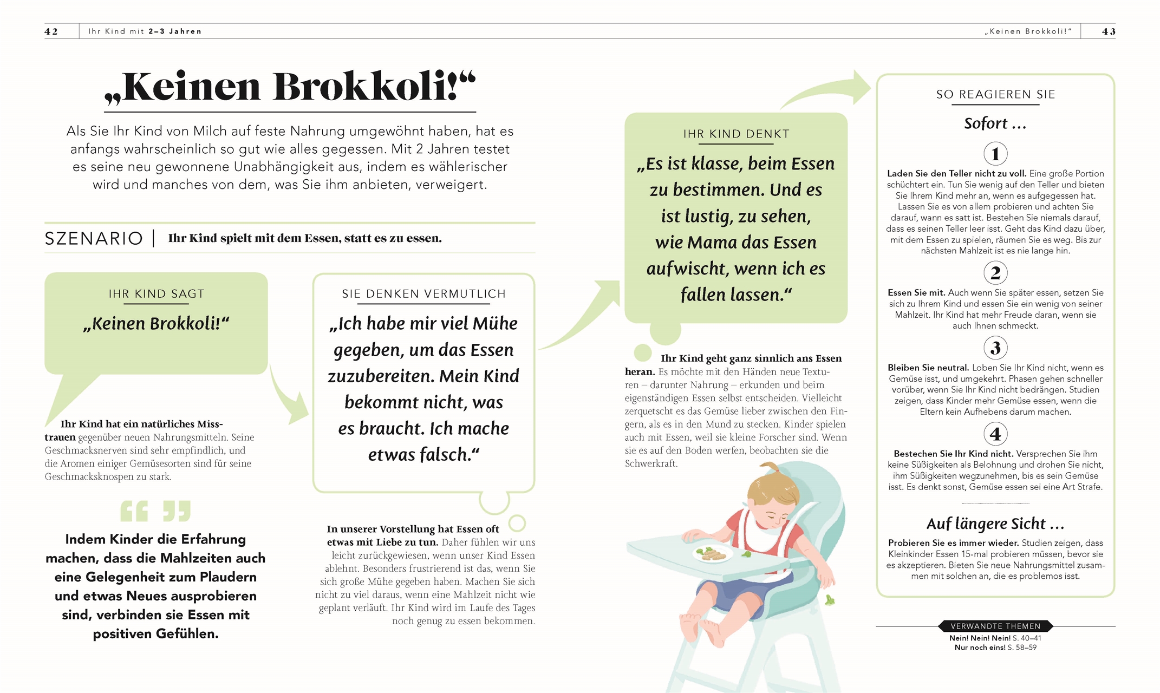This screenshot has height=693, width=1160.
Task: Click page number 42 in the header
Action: click(x=51, y=31)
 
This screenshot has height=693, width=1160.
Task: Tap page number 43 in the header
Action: click(x=1108, y=31)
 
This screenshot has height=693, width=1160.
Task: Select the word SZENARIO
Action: click(x=94, y=239)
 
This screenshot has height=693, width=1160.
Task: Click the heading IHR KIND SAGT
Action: click(x=156, y=294)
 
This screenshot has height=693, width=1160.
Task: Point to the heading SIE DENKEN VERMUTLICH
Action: click(x=423, y=294)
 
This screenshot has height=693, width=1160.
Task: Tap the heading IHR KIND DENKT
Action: click(x=736, y=134)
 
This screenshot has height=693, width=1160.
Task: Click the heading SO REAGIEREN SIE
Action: click(x=995, y=94)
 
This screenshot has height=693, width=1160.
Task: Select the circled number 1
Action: click(x=995, y=154)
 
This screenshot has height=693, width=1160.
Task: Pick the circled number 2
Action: click(x=995, y=273)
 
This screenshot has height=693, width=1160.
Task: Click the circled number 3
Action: click(x=995, y=348)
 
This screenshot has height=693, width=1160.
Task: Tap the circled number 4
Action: click(x=995, y=434)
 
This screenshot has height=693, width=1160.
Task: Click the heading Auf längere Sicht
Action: click(x=995, y=524)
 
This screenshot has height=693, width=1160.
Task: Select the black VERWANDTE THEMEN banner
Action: click(x=995, y=626)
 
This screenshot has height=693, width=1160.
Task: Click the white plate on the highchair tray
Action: click(x=712, y=553)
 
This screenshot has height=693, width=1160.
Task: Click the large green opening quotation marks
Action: click(x=134, y=511)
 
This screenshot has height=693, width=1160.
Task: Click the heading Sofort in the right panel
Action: click(x=994, y=123)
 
